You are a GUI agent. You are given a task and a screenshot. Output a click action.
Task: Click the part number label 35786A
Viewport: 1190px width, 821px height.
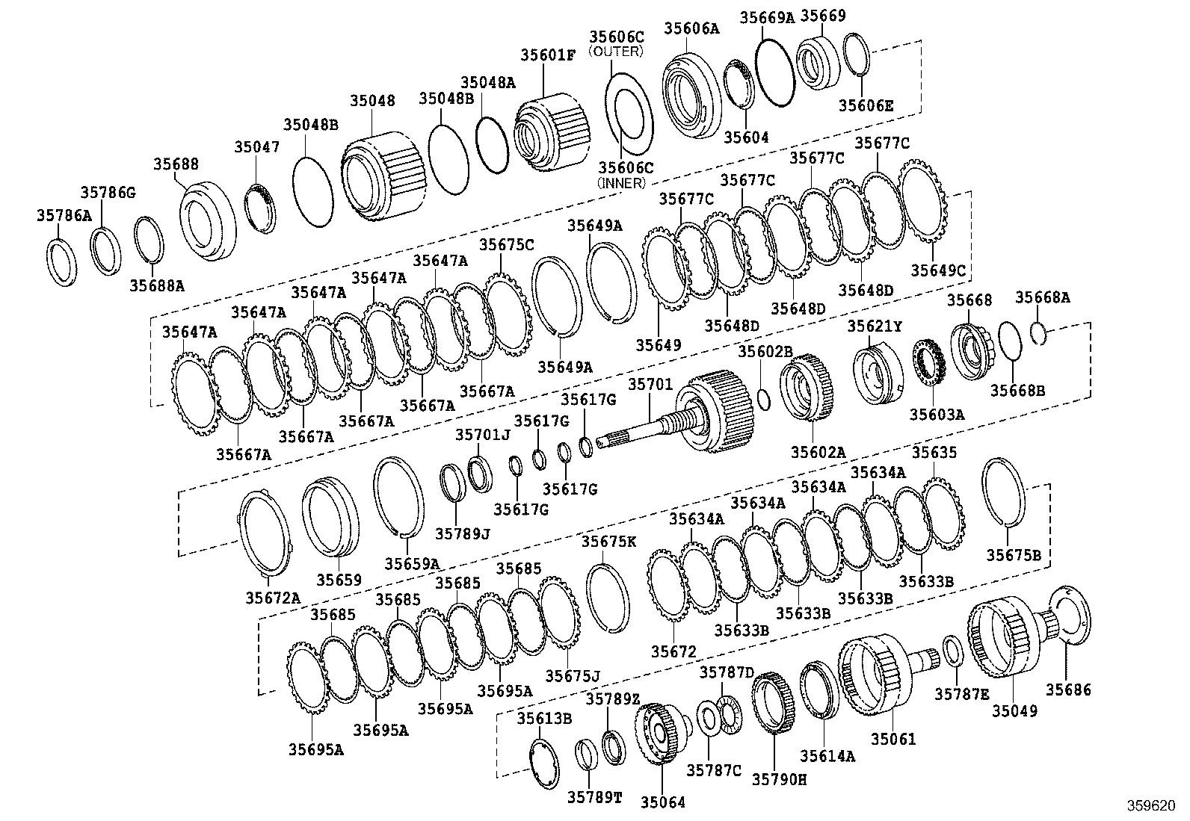(x=64, y=216)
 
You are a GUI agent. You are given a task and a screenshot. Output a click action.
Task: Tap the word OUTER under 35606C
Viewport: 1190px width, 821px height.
(x=616, y=52)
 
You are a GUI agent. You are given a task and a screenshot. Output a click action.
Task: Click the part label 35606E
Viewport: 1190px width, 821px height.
(x=866, y=105)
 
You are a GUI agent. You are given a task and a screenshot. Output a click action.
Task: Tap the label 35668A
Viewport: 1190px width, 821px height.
(x=1042, y=298)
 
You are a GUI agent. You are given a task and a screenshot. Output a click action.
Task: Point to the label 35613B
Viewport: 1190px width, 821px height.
(x=544, y=719)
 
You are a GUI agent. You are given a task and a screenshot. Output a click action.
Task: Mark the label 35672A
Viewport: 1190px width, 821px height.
(x=273, y=598)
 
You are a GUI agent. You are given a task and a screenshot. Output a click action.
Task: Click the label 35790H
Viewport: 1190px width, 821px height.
(x=779, y=778)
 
